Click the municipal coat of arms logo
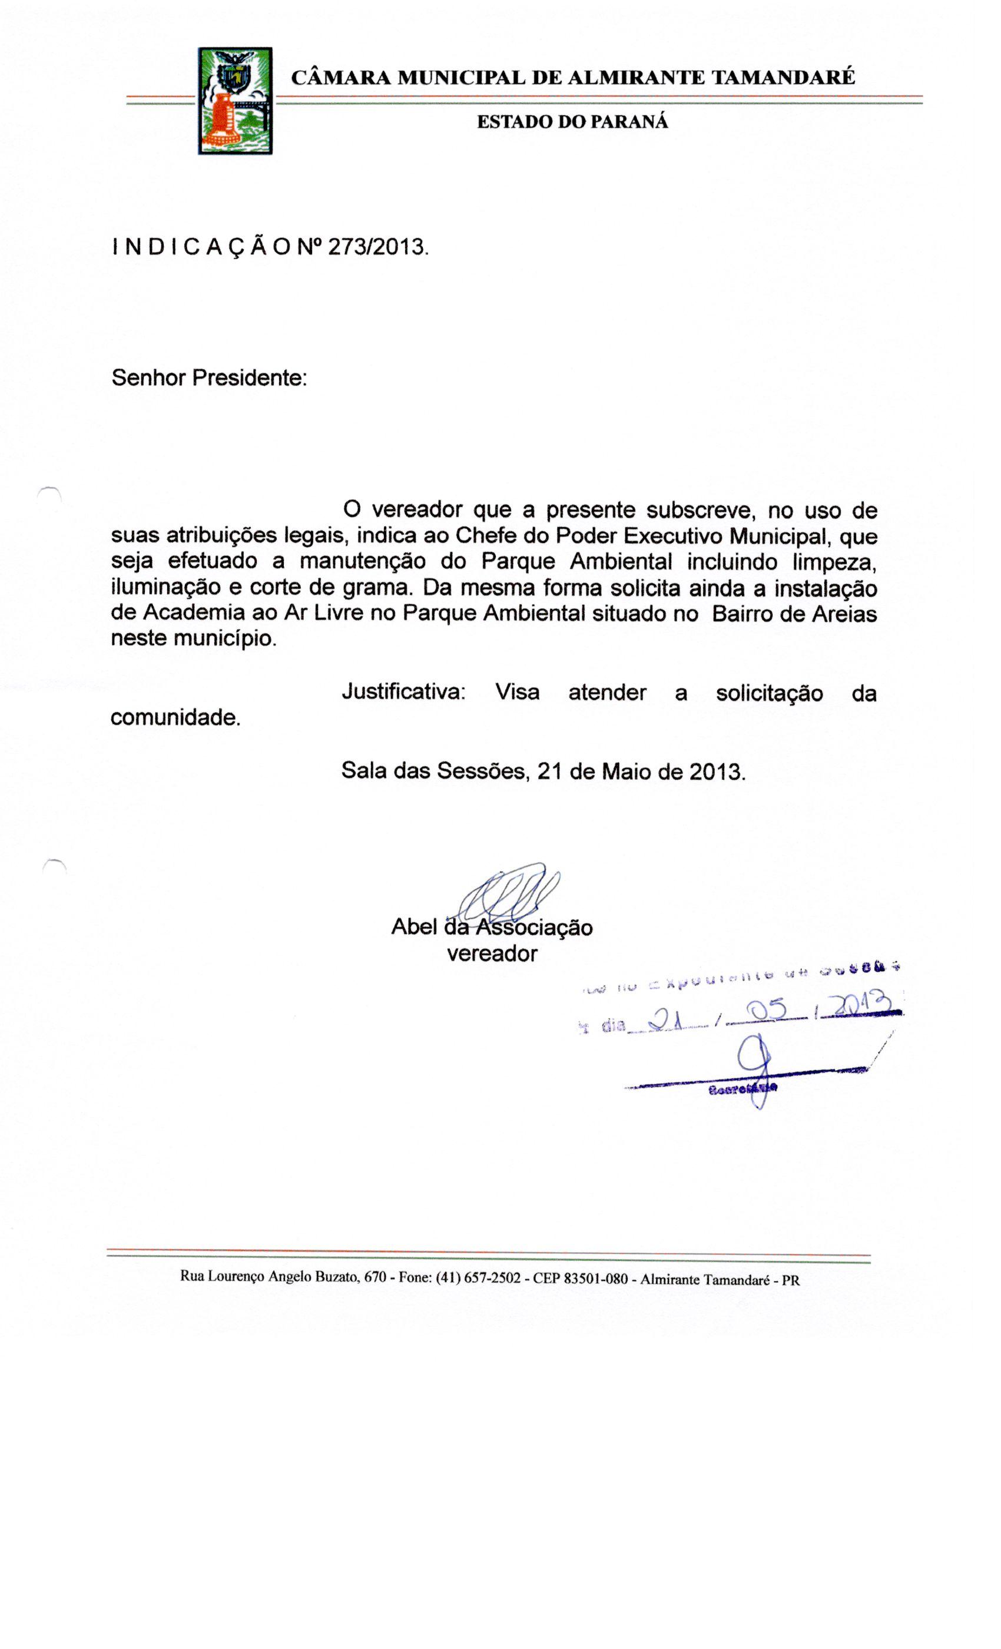234,101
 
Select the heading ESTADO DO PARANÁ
572,122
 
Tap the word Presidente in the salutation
249,378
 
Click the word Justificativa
403,691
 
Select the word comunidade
175,717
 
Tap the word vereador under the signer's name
492,953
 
